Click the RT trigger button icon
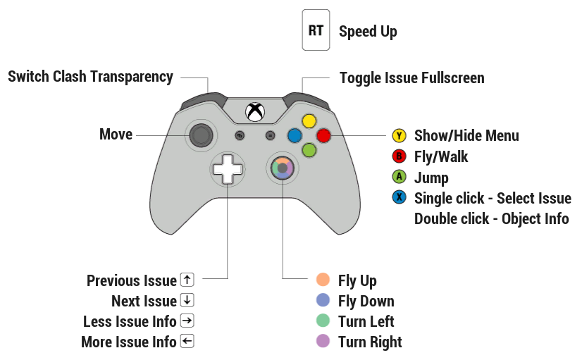click(316, 30)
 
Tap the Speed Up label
click(368, 32)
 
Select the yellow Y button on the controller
click(309, 121)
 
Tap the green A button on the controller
click(309, 149)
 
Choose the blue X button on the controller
click(295, 135)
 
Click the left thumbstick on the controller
click(202, 135)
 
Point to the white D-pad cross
click(228, 170)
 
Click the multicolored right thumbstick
click(282, 169)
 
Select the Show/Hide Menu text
click(466, 136)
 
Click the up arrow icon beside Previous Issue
click(187, 280)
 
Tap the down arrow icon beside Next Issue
click(187, 300)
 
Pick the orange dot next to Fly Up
click(323, 280)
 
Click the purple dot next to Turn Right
click(323, 342)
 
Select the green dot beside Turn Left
click(323, 321)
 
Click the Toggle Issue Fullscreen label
click(411, 77)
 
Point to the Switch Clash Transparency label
click(90, 77)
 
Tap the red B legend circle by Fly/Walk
click(400, 156)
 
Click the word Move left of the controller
click(116, 134)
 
